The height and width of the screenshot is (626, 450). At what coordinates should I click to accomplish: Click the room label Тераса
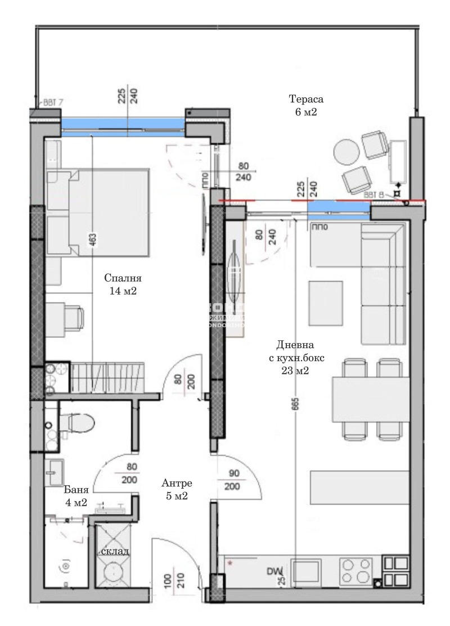pyautogui.click(x=307, y=100)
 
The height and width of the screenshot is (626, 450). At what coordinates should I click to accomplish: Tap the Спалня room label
pyautogui.click(x=123, y=278)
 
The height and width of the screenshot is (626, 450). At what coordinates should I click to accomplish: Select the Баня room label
pyautogui.click(x=75, y=489)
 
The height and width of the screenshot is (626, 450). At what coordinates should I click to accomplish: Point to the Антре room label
pyautogui.click(x=177, y=483)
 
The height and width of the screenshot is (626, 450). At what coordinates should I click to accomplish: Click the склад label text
pyautogui.click(x=115, y=551)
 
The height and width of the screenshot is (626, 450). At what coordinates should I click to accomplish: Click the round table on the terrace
pyautogui.click(x=346, y=151)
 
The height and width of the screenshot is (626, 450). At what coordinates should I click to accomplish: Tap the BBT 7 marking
pyautogui.click(x=53, y=103)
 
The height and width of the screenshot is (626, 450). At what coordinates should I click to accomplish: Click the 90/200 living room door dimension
pyautogui.click(x=232, y=479)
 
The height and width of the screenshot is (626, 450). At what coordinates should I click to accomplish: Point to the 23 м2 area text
pyautogui.click(x=296, y=371)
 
